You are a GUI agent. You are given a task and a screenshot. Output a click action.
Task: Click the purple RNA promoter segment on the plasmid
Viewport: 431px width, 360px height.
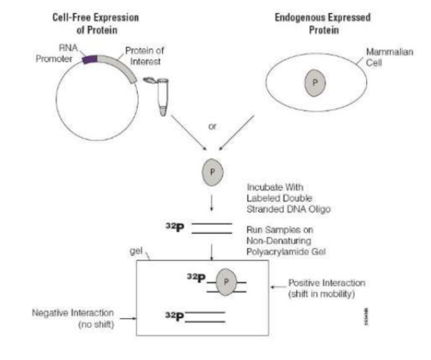(x=90, y=60)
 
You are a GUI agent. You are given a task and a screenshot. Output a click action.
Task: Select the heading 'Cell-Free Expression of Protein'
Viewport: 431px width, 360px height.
(x=96, y=23)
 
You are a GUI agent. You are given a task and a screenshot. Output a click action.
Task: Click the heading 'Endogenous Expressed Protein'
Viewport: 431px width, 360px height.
(x=323, y=23)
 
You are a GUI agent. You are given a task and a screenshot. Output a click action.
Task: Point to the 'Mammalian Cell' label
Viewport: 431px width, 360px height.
(x=389, y=57)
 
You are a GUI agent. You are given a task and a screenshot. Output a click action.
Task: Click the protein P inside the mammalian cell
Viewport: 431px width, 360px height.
(x=315, y=83)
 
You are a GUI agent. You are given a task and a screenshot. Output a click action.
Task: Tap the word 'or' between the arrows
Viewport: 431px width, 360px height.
(x=212, y=126)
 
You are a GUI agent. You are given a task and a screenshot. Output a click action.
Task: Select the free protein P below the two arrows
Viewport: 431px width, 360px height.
(x=212, y=172)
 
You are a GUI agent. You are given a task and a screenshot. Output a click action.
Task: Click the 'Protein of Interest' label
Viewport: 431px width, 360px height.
(x=144, y=56)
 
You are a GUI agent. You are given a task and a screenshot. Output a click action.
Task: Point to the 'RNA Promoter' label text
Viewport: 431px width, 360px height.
(x=56, y=53)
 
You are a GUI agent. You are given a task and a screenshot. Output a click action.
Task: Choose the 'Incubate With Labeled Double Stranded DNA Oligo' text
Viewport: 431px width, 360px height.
(x=288, y=198)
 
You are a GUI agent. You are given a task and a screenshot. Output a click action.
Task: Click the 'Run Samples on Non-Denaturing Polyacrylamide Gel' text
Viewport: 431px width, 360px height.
(x=286, y=241)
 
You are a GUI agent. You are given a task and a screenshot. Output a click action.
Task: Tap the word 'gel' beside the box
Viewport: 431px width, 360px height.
(x=136, y=251)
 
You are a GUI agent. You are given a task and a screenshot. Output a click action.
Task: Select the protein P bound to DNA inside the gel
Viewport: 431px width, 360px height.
(x=226, y=282)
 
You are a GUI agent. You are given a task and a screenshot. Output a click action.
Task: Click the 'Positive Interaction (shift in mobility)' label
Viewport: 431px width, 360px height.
(x=327, y=288)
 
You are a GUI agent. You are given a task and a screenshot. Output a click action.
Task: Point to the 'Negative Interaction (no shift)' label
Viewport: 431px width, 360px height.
(x=73, y=318)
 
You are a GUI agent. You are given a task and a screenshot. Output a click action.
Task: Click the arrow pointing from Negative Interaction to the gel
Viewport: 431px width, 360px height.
(x=128, y=318)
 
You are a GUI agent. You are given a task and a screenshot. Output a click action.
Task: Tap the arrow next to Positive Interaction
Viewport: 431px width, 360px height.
(x=278, y=287)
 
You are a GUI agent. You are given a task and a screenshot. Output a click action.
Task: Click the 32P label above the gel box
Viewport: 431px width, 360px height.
(x=175, y=227)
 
